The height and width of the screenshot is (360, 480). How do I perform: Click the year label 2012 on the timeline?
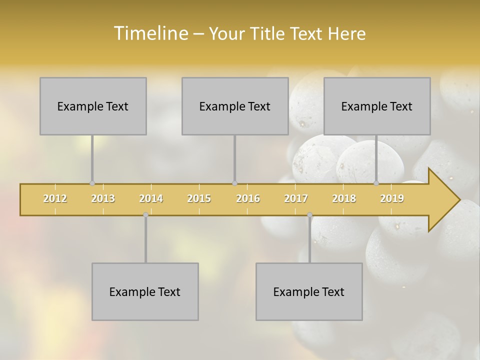point(55,198)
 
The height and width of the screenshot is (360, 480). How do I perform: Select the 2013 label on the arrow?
point(103,198)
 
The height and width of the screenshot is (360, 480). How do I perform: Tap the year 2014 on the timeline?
point(151,198)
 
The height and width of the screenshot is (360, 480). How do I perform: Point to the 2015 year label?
point(199,198)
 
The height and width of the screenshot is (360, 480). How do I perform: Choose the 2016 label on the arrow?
point(248,198)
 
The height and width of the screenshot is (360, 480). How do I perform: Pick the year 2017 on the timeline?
point(296,198)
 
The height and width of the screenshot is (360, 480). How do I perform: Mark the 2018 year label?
point(344,198)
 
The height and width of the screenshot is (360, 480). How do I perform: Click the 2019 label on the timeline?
point(392,198)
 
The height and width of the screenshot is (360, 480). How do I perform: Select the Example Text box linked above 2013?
point(93,106)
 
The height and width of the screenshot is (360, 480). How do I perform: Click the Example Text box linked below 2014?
point(145,291)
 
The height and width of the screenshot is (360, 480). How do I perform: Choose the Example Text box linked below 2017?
point(309,291)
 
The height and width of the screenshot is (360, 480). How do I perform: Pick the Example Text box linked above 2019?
point(377,106)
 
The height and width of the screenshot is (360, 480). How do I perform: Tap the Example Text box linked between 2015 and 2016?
point(235,106)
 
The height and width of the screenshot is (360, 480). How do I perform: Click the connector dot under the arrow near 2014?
point(145,215)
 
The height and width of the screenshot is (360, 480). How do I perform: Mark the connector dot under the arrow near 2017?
point(309,215)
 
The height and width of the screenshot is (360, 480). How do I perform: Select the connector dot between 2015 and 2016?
point(234,183)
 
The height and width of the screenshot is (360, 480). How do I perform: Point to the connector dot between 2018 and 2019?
point(376,183)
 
